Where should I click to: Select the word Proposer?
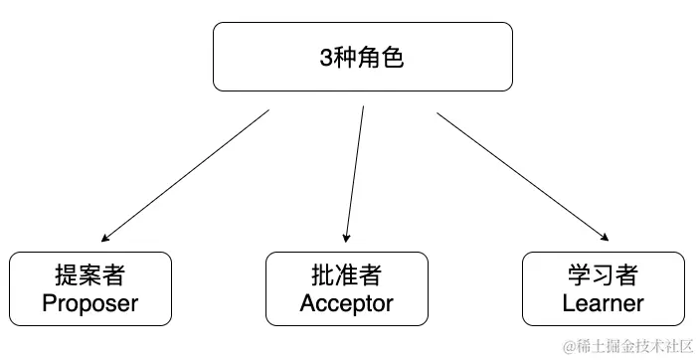tap(90, 303)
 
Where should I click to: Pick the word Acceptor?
tap(347, 303)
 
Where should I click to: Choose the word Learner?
tap(603, 303)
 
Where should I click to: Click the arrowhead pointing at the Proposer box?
tap(105, 239)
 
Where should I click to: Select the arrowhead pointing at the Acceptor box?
tap(346, 238)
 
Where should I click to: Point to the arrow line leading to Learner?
tap(522, 175)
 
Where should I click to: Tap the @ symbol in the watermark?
tap(570, 346)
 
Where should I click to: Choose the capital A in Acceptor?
tap(308, 303)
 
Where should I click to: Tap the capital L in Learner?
tap(568, 303)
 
